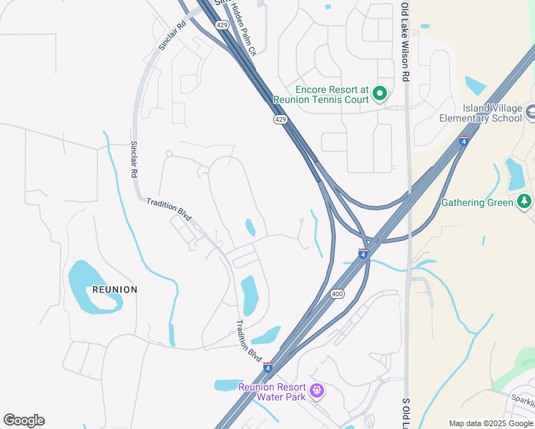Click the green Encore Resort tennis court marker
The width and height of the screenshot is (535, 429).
[381, 94]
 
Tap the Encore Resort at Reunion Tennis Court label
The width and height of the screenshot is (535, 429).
[321, 94]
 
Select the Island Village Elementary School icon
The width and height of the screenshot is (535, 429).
[531, 112]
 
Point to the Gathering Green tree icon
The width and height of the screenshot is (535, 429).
[525, 202]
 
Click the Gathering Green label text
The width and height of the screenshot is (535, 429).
[477, 203]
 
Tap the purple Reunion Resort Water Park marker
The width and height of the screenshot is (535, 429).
[318, 391]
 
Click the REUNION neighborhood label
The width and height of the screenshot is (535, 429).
[114, 290]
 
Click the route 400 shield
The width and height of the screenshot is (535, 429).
[338, 294]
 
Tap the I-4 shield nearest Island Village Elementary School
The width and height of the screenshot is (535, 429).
[463, 141]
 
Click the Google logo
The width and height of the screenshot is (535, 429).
[24, 420]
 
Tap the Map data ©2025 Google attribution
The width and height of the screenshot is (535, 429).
[490, 423]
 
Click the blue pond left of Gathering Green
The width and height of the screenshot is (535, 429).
[515, 174]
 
